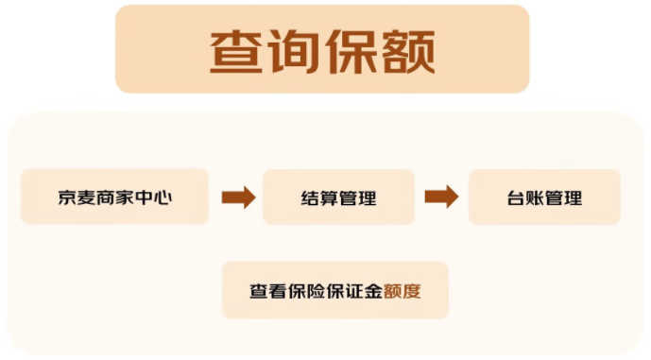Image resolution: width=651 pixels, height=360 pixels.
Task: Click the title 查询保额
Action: (322, 50)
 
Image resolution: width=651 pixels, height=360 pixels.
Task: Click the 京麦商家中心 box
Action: (114, 197)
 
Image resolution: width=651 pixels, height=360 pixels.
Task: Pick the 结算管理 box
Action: (338, 197)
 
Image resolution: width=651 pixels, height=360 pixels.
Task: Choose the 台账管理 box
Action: (544, 197)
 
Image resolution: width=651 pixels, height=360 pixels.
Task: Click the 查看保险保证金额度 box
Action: (334, 291)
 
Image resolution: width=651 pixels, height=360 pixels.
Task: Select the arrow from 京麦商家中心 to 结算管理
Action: (238, 197)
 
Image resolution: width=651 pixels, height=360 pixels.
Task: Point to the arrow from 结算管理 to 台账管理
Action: (441, 197)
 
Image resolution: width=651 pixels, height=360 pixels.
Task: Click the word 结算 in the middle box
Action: (319, 198)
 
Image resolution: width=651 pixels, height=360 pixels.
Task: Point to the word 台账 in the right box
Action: (525, 198)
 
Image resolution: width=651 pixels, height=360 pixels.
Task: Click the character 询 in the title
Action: (295, 51)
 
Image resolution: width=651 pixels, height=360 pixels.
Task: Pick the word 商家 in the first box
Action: (114, 197)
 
